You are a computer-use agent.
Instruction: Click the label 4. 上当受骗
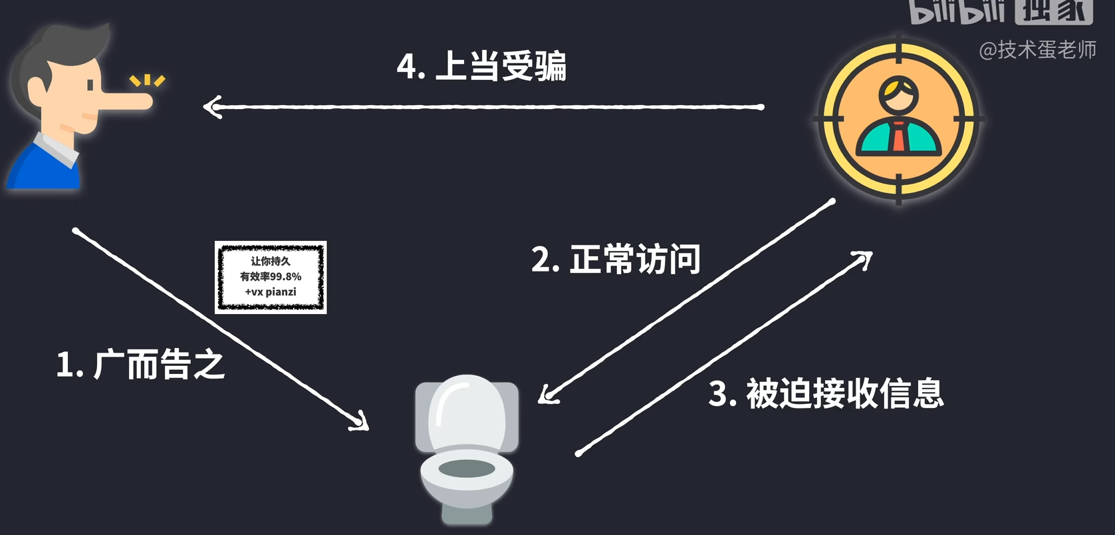pos(481,66)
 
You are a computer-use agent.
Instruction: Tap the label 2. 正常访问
pos(616,260)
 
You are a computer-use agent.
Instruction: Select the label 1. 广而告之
pos(141,365)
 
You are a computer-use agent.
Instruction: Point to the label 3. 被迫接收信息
pos(826,393)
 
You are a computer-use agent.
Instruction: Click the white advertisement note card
pos(271,277)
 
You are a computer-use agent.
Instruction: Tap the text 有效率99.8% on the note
pos(271,276)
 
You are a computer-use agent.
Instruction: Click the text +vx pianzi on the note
pos(271,292)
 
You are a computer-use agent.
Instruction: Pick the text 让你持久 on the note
pos(271,261)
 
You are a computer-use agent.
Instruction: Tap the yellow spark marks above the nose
pos(148,81)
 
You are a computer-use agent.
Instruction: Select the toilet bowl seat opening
pos(467,468)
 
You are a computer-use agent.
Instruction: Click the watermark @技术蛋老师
pos(1037,50)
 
